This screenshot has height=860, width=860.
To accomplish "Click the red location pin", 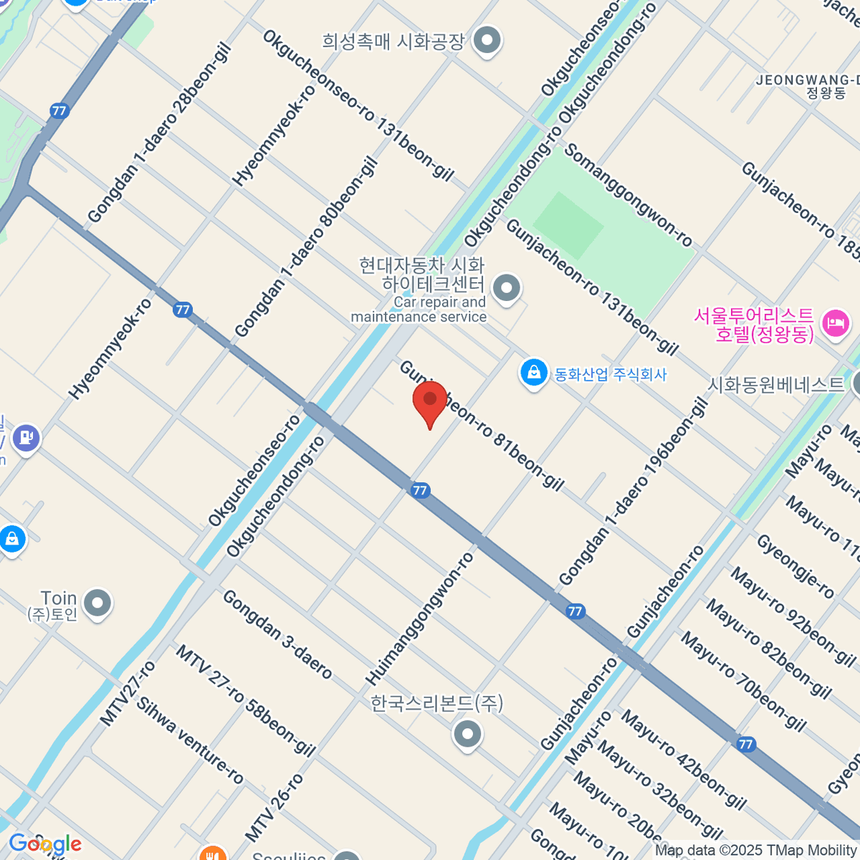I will pyautogui.click(x=429, y=403).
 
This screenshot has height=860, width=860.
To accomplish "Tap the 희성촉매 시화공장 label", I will pyautogui.click(x=393, y=42).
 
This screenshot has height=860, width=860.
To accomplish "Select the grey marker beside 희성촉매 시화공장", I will pyautogui.click(x=488, y=39).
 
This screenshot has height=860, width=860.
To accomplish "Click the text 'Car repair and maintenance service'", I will pyautogui.click(x=419, y=310).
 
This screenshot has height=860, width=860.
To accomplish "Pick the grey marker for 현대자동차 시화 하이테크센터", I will pyautogui.click(x=507, y=289).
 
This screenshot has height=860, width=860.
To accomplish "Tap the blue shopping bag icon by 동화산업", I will pyautogui.click(x=533, y=373).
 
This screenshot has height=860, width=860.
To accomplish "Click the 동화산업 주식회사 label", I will pyautogui.click(x=611, y=374).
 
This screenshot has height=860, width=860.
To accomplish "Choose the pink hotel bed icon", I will pyautogui.click(x=834, y=323).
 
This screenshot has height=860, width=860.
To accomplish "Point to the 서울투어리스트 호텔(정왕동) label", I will pyautogui.click(x=753, y=325).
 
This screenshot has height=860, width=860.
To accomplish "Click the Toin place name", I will pyautogui.click(x=59, y=598).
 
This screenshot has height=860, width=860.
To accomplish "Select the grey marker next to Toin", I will pyautogui.click(x=97, y=603).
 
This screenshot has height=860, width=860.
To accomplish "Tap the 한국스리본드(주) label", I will pyautogui.click(x=436, y=703).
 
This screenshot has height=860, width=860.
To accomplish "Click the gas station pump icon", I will pyautogui.click(x=27, y=437).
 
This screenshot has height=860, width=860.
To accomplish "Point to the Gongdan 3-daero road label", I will pyautogui.click(x=277, y=634).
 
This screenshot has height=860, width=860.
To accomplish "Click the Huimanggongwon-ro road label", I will pyautogui.click(x=420, y=618).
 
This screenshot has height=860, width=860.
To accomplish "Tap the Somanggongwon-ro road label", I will pyautogui.click(x=629, y=194).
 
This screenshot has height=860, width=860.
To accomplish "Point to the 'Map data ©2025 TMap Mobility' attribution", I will pyautogui.click(x=755, y=851).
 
